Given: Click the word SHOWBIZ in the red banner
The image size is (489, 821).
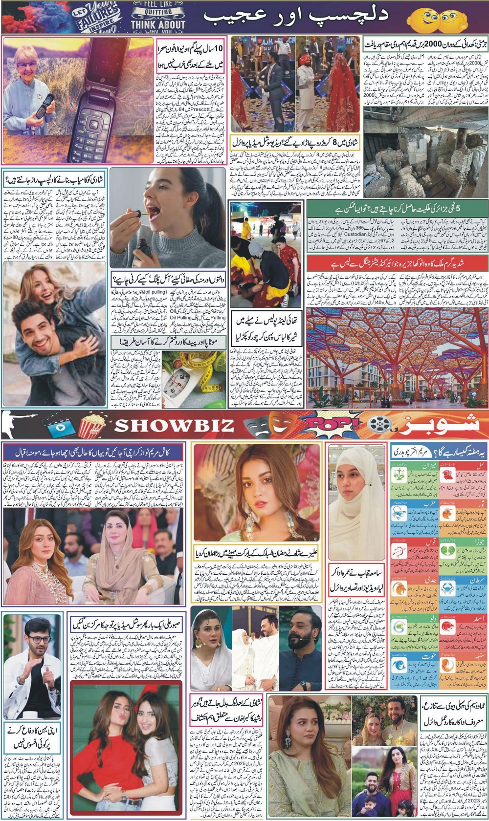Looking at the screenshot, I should [x=175, y=425].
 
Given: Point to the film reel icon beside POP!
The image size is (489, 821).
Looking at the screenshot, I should [x=381, y=425].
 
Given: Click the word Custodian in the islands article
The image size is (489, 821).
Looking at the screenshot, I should [x=355, y=235].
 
